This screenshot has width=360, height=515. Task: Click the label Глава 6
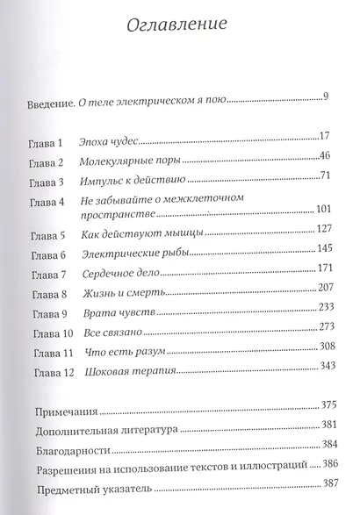tap(47, 255)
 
